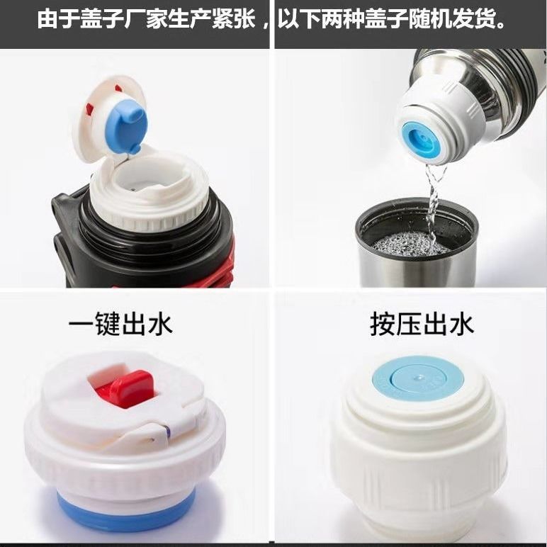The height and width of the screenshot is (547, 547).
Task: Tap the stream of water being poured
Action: click(x=434, y=203)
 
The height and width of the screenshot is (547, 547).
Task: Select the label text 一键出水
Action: click(x=120, y=325)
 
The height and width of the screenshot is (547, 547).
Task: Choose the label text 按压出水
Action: click(x=422, y=325)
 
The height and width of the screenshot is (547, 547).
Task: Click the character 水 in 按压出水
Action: click(x=461, y=325)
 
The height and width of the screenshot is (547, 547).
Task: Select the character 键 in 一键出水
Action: click(x=108, y=325)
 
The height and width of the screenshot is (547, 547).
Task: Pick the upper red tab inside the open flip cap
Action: click(x=118, y=88)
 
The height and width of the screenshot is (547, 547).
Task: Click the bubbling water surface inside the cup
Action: click(x=410, y=244)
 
